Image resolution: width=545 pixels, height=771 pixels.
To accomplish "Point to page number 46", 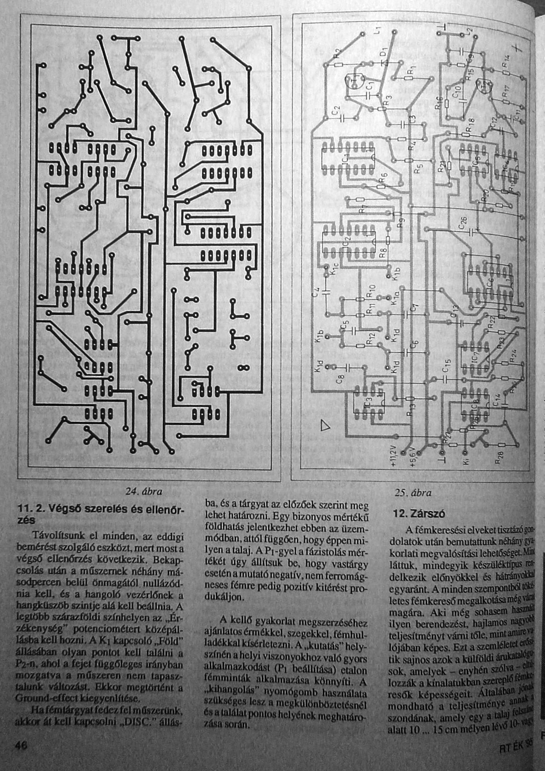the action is click(20, 746).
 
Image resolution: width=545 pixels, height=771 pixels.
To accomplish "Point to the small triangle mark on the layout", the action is click(326, 426).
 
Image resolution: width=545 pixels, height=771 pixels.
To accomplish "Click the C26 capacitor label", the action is click(462, 222).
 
